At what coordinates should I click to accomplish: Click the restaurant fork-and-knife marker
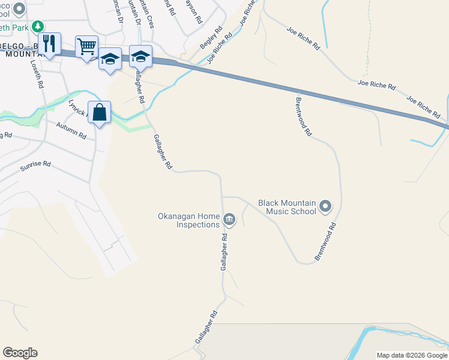coord(50,44)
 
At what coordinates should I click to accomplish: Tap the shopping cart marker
coord(86,46)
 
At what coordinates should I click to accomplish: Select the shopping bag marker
coord(100,112)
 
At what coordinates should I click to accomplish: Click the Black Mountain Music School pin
coord(325,207)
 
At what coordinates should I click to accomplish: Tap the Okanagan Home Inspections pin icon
coord(229,220)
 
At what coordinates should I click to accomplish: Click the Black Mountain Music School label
coord(287,207)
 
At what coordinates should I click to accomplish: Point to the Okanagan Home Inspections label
coord(188,220)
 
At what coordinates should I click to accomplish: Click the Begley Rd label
coord(211,37)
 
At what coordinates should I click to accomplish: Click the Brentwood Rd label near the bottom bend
coord(326,242)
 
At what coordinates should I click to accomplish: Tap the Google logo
coord(20,353)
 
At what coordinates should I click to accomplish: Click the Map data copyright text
coord(412,355)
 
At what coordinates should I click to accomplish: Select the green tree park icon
coord(38,26)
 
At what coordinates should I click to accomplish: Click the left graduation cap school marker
coord(110,59)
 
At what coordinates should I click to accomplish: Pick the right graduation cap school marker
coord(140,56)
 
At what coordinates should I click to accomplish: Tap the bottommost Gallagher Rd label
coord(205,327)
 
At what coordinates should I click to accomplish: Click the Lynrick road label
coord(77,107)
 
